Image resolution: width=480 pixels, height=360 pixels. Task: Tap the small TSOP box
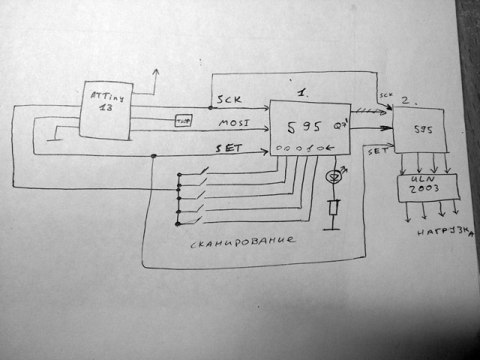(x=183, y=121)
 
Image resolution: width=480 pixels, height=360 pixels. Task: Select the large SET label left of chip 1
(x=229, y=148)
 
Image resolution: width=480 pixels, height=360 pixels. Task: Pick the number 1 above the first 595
(x=301, y=92)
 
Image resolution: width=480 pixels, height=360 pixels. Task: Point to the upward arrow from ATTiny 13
(x=157, y=73)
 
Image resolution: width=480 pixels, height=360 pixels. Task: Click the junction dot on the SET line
(x=154, y=156)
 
